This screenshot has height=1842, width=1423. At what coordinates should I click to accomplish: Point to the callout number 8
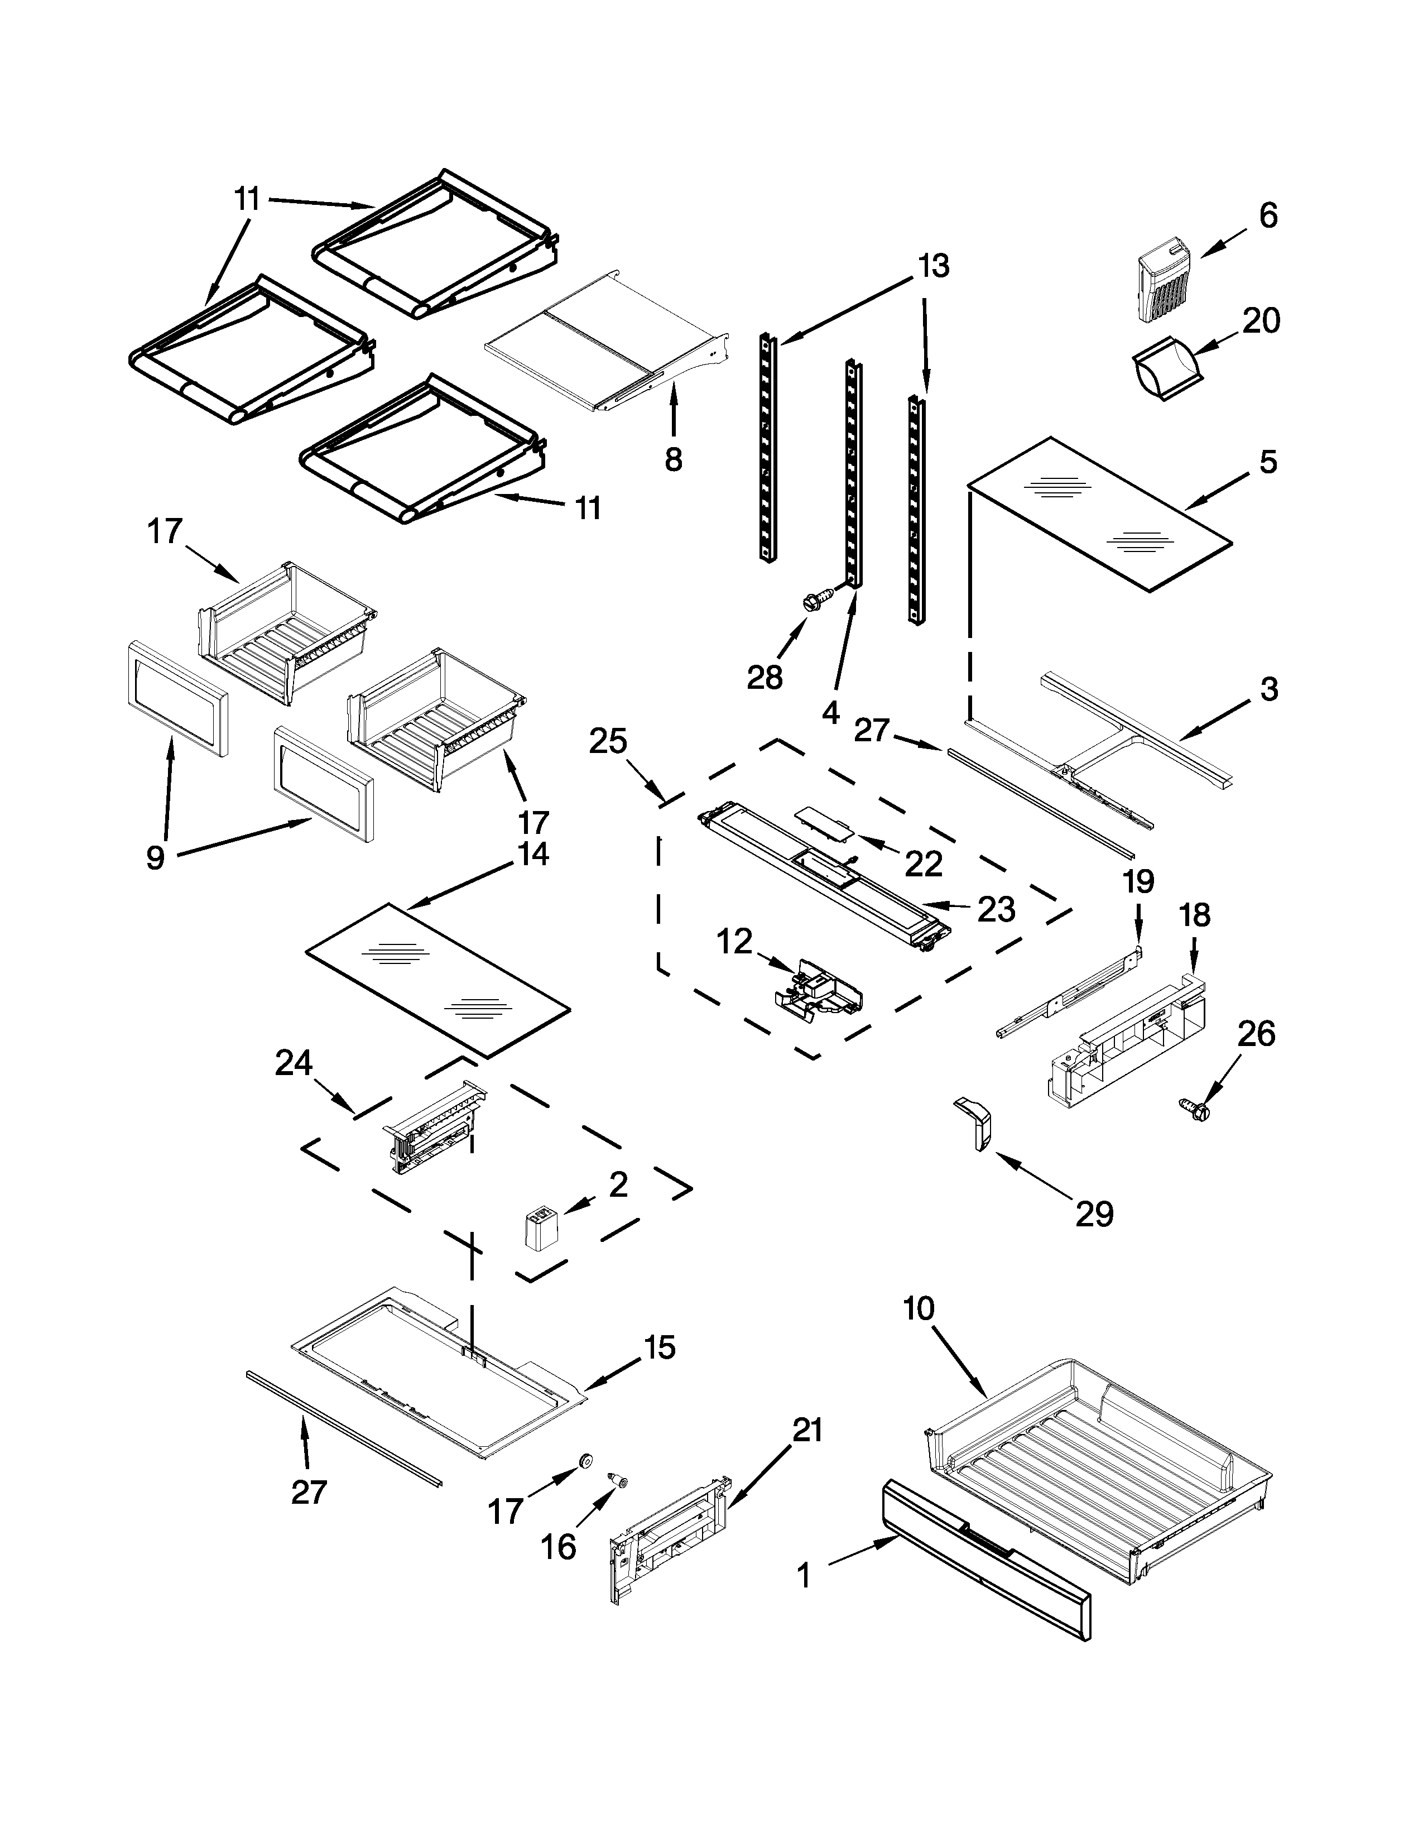click(673, 459)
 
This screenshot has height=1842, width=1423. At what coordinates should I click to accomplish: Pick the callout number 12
click(734, 941)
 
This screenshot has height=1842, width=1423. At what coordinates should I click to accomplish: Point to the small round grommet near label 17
click(583, 1461)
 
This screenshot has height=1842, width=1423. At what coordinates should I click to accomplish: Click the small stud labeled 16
click(621, 1480)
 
